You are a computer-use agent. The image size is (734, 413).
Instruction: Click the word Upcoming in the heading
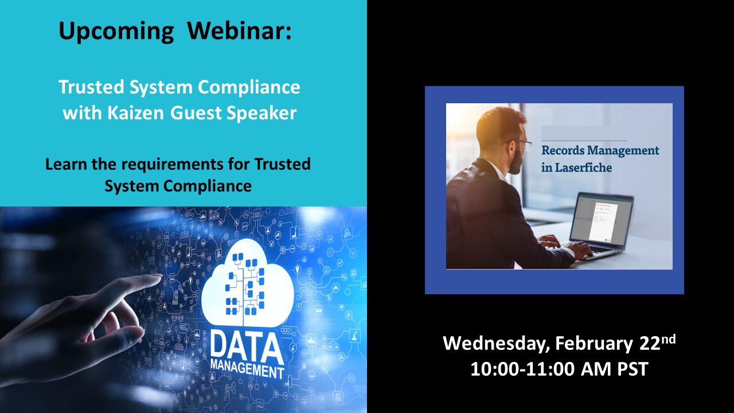[x=116, y=31]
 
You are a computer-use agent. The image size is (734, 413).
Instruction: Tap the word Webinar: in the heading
[x=239, y=30]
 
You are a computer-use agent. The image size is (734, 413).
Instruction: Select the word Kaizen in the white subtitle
[x=136, y=113]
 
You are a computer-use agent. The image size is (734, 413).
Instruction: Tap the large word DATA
[x=247, y=347]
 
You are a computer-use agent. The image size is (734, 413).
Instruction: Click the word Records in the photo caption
[x=563, y=150]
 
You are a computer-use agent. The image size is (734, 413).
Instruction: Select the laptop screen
[x=601, y=219]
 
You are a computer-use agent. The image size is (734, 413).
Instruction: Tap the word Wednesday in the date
[x=496, y=344]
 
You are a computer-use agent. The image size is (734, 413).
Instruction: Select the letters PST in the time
[x=633, y=369]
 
